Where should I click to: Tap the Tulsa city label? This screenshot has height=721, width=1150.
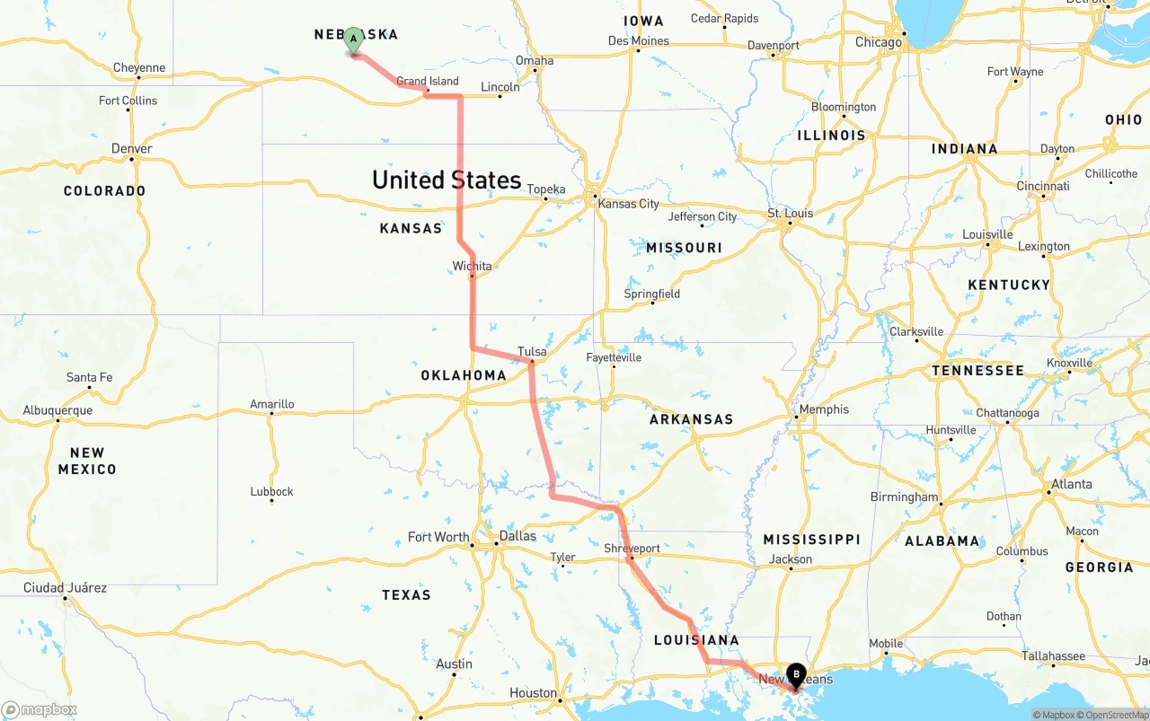point(532,351)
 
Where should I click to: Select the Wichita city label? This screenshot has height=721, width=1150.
point(472,266)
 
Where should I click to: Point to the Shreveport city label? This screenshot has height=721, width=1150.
point(632,548)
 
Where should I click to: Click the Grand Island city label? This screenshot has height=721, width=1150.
point(428,81)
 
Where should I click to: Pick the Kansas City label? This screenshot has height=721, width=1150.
point(628,204)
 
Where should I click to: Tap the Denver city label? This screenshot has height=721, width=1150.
point(132,148)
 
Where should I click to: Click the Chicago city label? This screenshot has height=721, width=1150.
point(879,42)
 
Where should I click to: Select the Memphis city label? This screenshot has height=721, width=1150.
point(824,409)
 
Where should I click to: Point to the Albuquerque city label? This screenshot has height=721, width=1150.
point(57,410)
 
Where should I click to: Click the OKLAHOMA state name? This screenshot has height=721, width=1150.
point(464,375)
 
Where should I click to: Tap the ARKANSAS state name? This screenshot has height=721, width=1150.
point(691,419)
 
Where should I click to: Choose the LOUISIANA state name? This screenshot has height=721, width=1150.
point(696,640)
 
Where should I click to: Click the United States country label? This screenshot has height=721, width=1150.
point(447,180)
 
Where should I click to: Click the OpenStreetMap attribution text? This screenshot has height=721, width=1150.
point(1116,715)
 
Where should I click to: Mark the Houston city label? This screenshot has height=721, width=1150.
point(533,692)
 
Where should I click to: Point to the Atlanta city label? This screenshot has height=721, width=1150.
point(1072,483)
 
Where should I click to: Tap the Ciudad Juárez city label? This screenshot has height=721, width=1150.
point(65,587)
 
